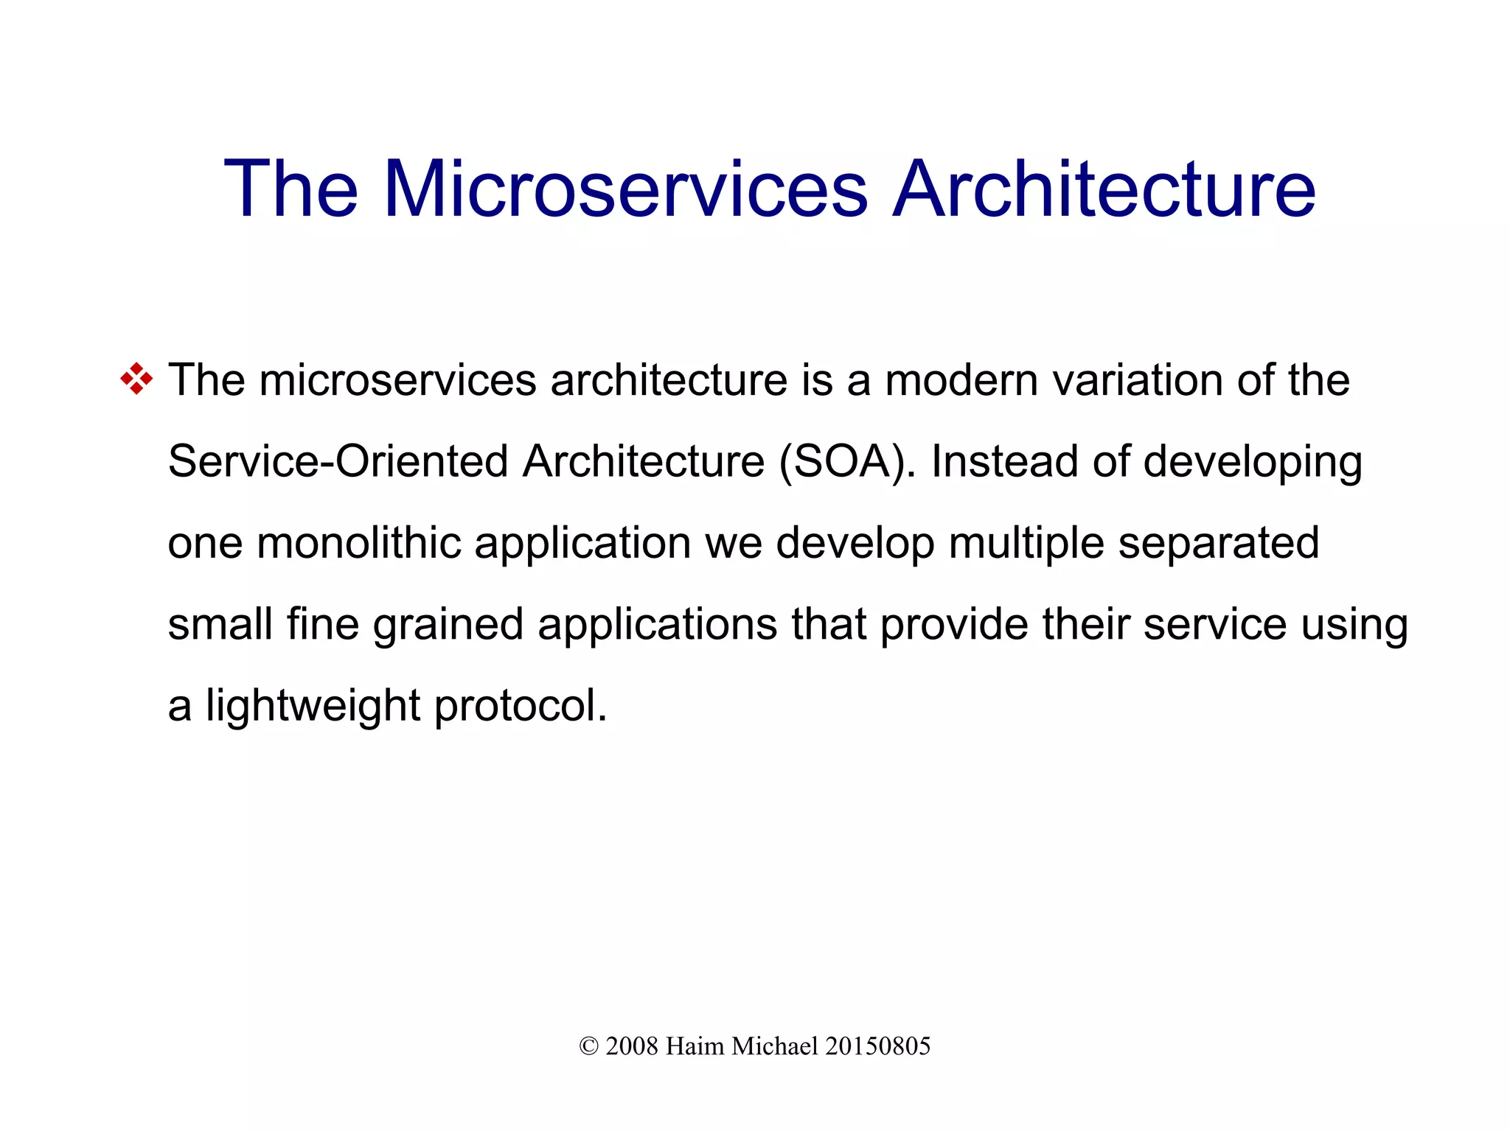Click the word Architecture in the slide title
[x=1104, y=189]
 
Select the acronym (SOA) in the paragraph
[x=846, y=462]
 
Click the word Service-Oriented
[x=338, y=462]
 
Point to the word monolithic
[x=358, y=543]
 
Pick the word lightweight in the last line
[x=313, y=706]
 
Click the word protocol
[x=521, y=706]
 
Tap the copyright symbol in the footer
[x=588, y=1046]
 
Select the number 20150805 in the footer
[x=877, y=1046]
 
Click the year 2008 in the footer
[x=631, y=1046]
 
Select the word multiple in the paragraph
[x=1026, y=543]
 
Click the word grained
[x=448, y=625]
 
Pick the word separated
[x=1218, y=543]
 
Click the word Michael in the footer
[x=774, y=1046]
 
